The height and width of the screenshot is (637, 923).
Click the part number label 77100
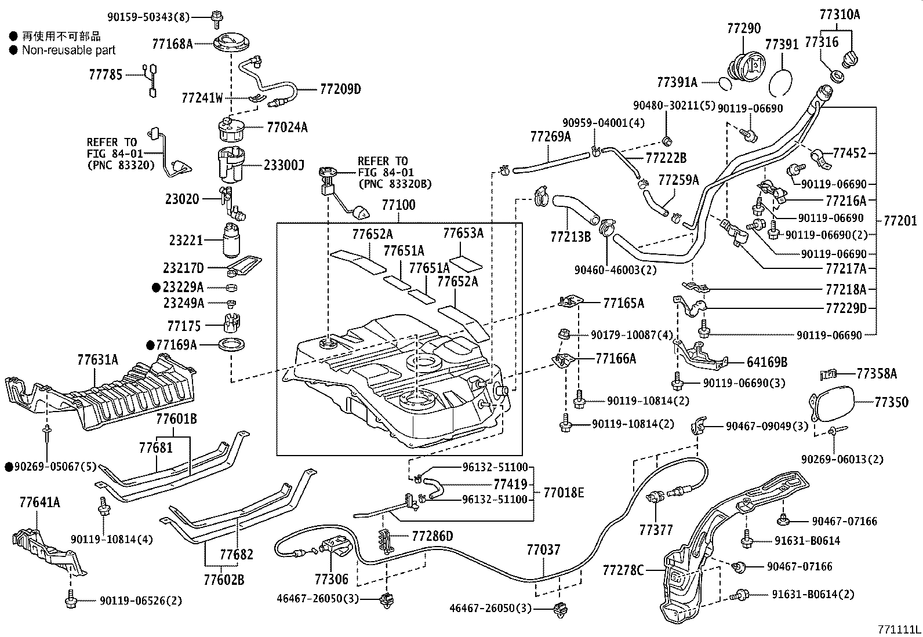coord(398,206)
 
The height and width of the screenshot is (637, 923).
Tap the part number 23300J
coord(284,166)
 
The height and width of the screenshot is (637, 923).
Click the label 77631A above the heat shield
coord(97,360)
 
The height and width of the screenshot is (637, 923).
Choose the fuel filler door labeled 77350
coord(833,403)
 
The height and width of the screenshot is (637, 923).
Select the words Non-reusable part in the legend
coord(68,50)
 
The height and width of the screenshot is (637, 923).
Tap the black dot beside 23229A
coord(156,287)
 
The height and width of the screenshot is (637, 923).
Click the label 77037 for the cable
coord(543,549)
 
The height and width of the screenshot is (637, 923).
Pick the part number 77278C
coord(623,570)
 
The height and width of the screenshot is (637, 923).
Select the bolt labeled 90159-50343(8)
coord(216,19)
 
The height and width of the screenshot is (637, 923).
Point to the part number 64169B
coord(766,362)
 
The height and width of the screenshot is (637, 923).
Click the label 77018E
coord(564,493)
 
